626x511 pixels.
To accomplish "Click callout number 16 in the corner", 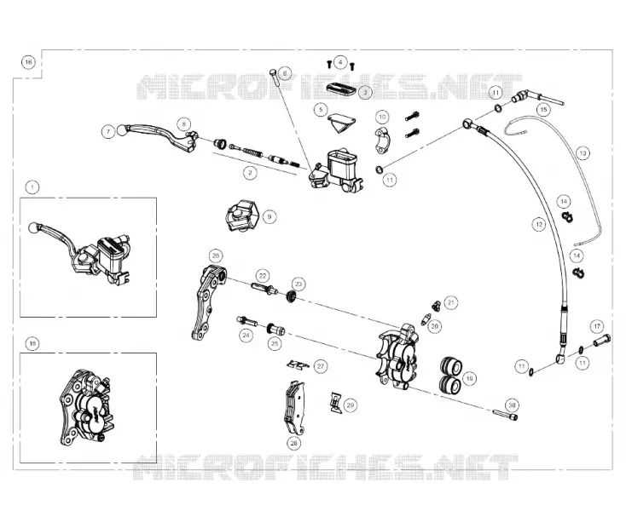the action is pos(28,62).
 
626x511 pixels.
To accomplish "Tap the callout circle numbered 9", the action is pos(270,216).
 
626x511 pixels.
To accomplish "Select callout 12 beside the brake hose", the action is pos(539,224).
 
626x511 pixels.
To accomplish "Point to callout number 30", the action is pos(513,405).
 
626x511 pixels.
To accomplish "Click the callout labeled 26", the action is pos(216,255).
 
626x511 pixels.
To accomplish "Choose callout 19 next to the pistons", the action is pos(469,378).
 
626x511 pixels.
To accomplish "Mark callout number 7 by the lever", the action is pos(108,131).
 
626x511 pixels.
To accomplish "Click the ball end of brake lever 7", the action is pos(122,130).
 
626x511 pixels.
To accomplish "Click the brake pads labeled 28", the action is pos(294,407).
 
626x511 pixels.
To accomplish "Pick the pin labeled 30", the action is pos(506,415).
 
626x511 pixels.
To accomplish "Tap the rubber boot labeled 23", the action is pos(292,297).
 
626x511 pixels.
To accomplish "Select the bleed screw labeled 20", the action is pos(426,319).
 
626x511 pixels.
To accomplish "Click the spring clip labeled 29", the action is pos(336,401).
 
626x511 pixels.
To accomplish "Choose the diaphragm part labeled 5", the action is pos(342,123).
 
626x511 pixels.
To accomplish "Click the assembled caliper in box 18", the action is pos(87,408).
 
